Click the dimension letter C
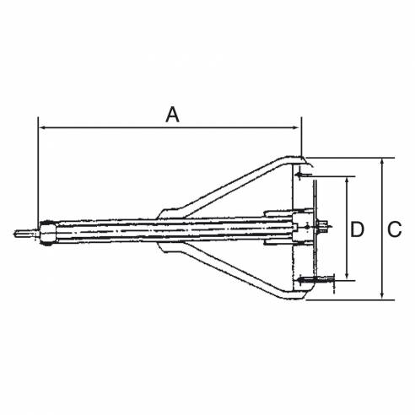point(393,228)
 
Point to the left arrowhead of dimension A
point(42,128)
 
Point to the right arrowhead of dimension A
point(298,128)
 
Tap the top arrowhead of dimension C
point(384,160)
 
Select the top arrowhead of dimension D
point(347,180)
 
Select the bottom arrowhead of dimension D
point(347,277)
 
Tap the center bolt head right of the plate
point(323,227)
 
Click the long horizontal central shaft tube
point(152,230)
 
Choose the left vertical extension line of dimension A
point(38,169)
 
